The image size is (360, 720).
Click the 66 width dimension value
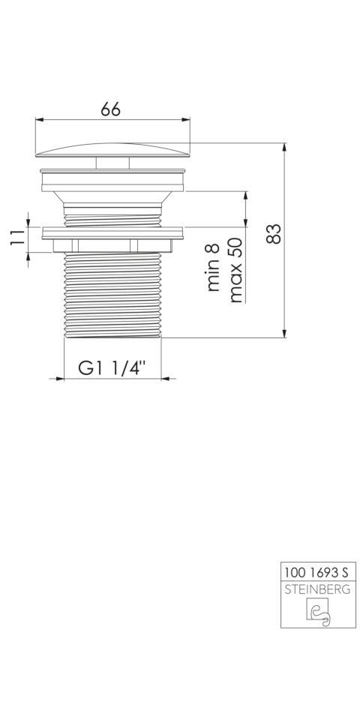point(111,109)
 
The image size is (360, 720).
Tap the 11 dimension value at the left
point(17,238)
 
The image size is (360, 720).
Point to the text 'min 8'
point(214,268)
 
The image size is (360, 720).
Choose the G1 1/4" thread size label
point(112,367)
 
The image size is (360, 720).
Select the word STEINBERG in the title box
point(318,589)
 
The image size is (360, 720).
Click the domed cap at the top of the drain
point(112,150)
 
